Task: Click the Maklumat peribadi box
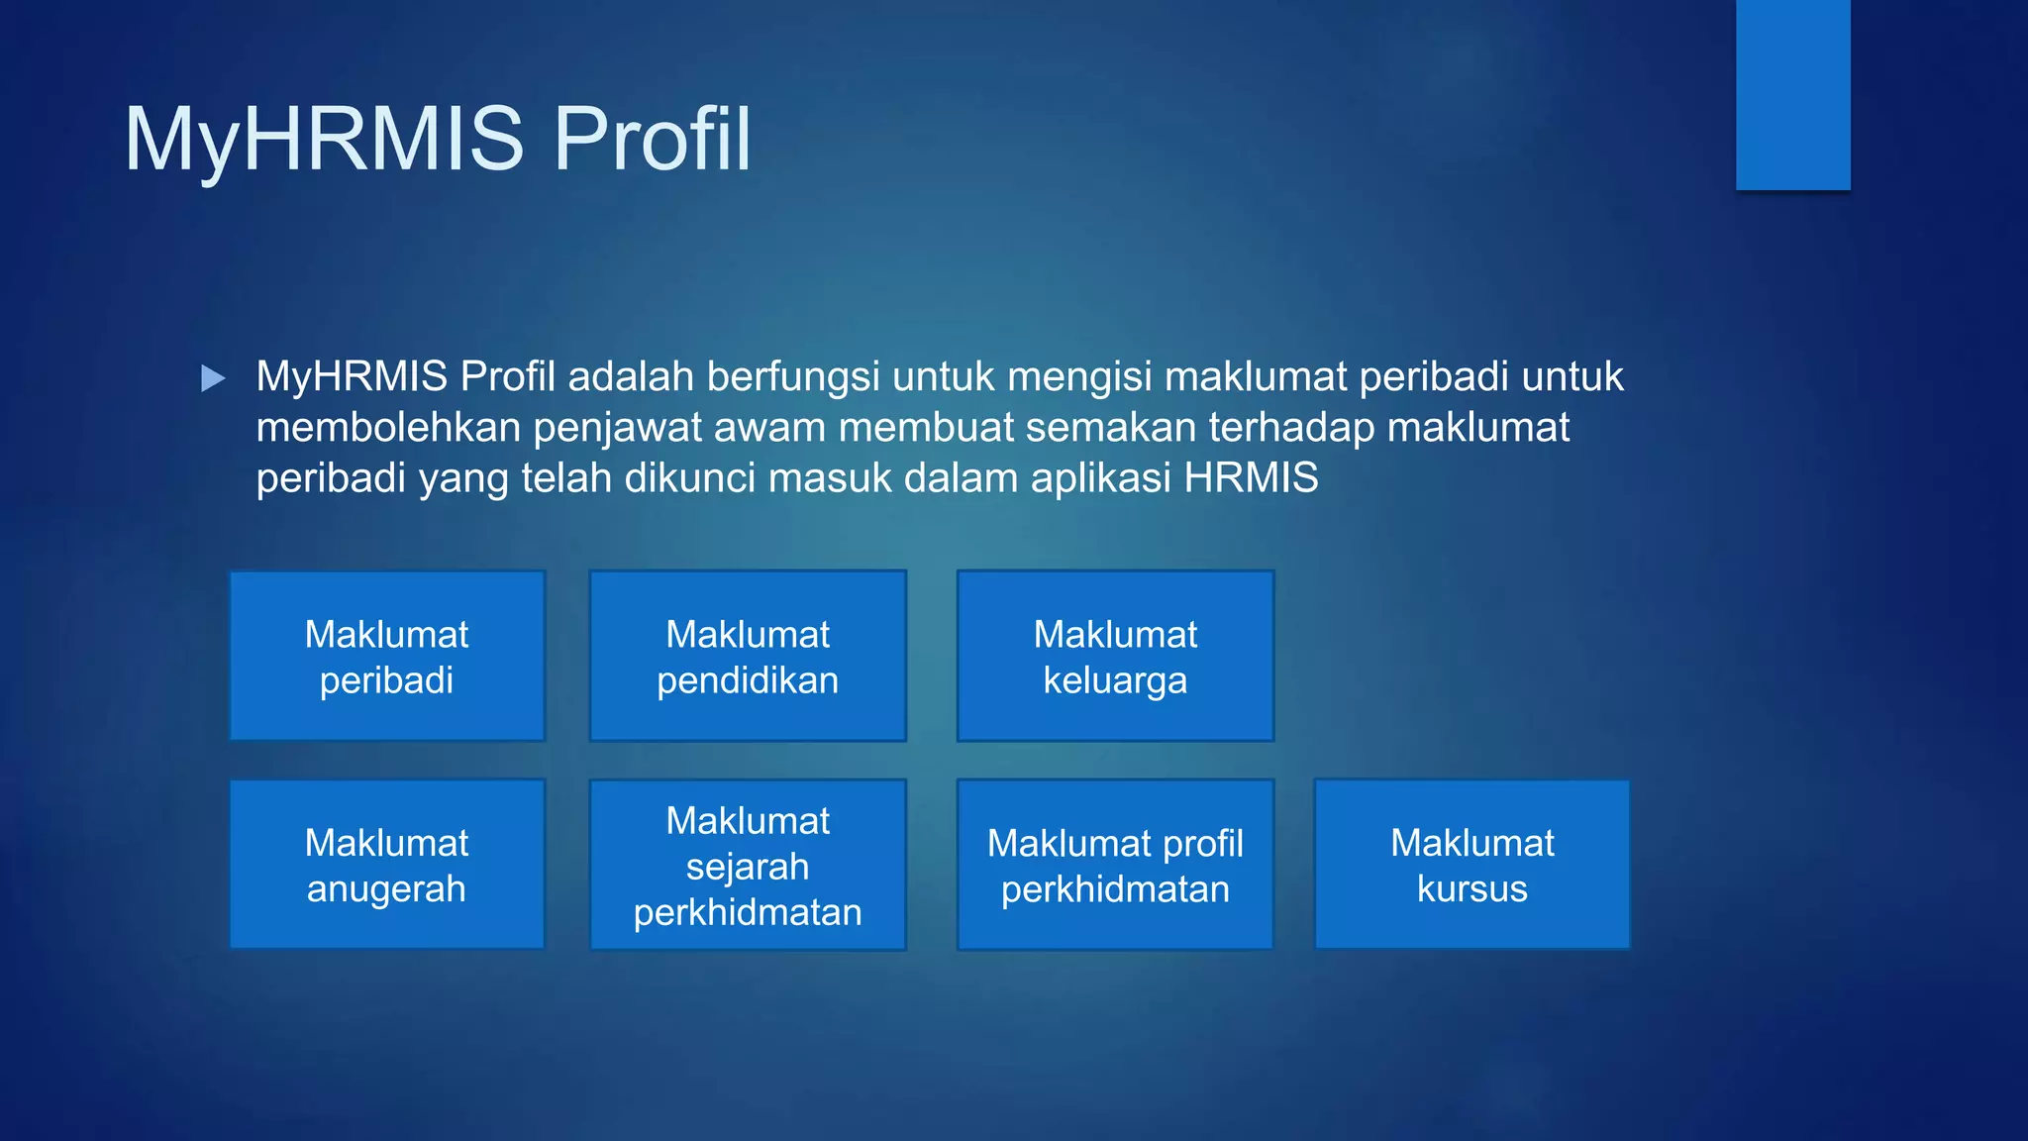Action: (387, 656)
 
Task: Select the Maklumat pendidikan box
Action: (748, 656)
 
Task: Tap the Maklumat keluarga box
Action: (1115, 656)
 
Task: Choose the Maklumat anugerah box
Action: (387, 865)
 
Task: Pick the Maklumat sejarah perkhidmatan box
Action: (748, 865)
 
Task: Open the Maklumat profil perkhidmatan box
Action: (1115, 865)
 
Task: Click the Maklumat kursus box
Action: (1471, 865)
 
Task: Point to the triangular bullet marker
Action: (212, 378)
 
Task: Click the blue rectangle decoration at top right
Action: (1792, 94)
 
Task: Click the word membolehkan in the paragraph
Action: (388, 428)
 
